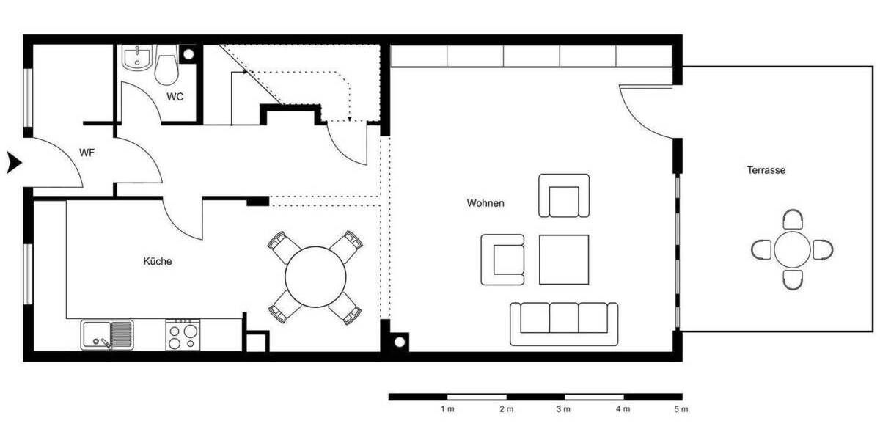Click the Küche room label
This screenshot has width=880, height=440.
point(158,260)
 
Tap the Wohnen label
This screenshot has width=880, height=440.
point(485,203)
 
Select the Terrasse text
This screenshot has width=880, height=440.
point(766,170)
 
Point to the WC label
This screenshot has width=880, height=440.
point(175,97)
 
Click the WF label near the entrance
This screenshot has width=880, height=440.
point(88,153)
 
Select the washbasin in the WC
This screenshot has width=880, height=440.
point(137,59)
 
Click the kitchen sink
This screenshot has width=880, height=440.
point(107,335)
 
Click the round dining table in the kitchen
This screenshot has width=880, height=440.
point(315,276)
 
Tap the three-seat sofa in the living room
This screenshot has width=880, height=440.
point(564,323)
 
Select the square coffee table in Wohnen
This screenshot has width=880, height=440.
point(564,259)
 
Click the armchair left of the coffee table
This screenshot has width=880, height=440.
point(504,259)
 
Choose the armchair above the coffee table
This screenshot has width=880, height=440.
point(564,196)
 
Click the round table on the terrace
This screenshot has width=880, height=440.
point(793,250)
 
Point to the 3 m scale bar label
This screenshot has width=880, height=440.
point(562,409)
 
